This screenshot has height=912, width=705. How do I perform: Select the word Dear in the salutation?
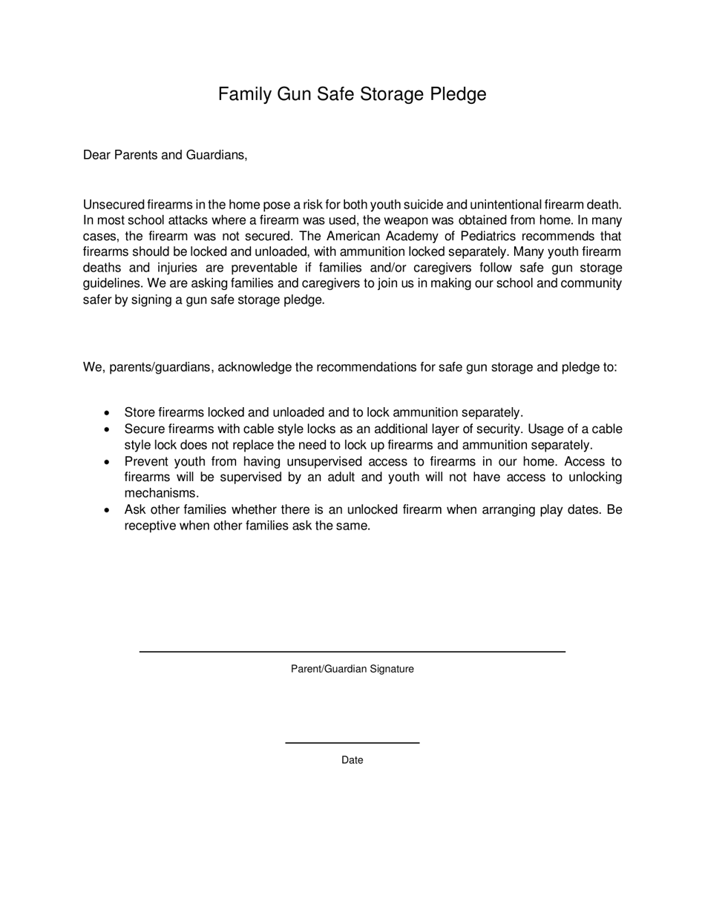tap(96, 155)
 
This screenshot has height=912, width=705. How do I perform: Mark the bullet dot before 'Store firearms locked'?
tap(108, 413)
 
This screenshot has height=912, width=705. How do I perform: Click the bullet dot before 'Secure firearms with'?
tap(108, 429)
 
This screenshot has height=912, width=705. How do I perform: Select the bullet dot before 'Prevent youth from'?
tap(108, 462)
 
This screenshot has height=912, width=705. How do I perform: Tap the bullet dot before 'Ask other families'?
tap(108, 510)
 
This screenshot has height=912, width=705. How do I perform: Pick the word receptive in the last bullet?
tap(150, 526)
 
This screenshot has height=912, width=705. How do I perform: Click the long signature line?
tap(352, 651)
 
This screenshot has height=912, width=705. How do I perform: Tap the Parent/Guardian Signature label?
tap(352, 669)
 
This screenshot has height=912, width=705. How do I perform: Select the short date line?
tap(352, 742)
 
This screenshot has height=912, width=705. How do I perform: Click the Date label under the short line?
tap(352, 760)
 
